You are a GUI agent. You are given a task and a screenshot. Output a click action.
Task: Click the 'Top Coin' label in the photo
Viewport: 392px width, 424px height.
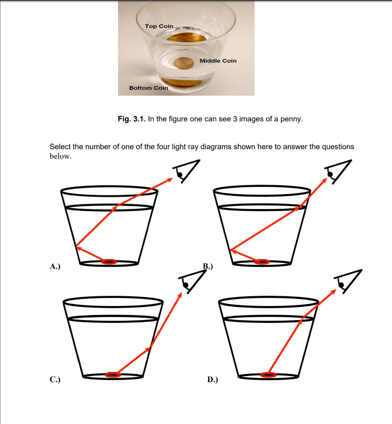pos(159,26)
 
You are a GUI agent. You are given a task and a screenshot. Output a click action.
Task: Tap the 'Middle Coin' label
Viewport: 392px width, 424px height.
pos(218,61)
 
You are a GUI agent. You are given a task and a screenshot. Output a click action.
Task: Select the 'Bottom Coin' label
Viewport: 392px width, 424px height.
pos(148,88)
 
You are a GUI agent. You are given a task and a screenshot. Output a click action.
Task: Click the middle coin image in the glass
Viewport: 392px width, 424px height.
pos(185,63)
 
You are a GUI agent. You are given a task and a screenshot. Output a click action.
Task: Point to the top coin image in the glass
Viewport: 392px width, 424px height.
pos(187,38)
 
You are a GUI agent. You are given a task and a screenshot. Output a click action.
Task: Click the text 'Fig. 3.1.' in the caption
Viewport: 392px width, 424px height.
pos(131,119)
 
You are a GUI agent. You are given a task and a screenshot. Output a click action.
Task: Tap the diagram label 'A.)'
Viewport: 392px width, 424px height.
pos(55,267)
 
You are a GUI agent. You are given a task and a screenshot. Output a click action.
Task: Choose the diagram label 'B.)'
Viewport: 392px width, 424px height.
pos(208,267)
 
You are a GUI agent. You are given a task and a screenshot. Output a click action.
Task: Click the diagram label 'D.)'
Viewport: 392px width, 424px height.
pos(212,379)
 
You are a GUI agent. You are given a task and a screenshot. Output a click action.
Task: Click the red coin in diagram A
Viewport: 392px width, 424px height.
pos(109,262)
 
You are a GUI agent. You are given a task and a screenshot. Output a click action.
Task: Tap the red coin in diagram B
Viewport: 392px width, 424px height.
pos(262,262)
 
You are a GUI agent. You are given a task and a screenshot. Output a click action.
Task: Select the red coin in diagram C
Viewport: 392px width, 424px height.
pos(113,375)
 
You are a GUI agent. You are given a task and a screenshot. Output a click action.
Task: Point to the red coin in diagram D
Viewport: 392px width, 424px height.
pos(268,375)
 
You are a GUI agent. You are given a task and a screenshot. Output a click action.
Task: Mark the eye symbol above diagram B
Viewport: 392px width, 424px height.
pos(337,171)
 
